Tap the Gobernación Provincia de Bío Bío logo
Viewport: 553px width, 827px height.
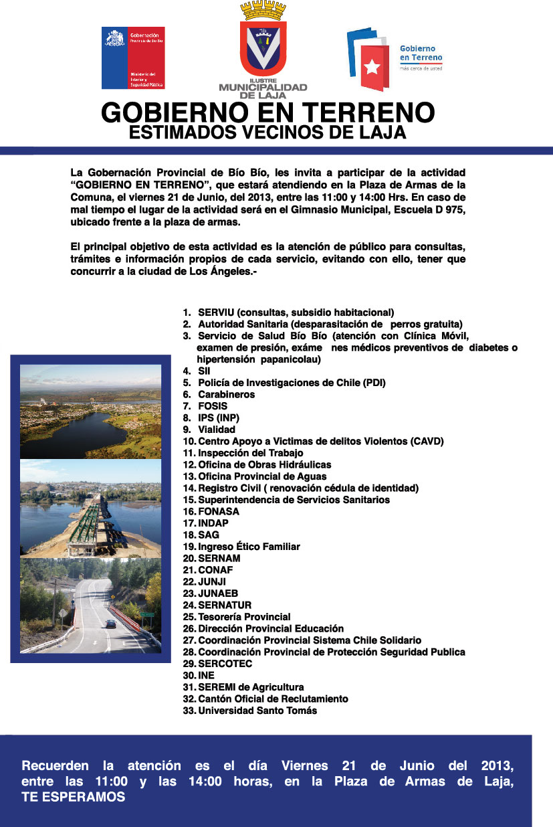(x=133, y=58)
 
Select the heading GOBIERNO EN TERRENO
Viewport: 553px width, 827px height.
(x=267, y=112)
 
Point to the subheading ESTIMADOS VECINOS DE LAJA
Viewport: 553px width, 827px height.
(x=267, y=132)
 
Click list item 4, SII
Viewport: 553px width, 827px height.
(x=204, y=371)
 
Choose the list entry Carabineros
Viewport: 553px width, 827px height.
(x=226, y=395)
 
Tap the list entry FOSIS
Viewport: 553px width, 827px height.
(x=213, y=406)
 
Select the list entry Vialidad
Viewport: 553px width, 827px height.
(x=216, y=430)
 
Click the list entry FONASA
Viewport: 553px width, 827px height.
(x=219, y=511)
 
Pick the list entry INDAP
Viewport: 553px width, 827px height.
(x=214, y=523)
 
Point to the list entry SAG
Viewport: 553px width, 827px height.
(x=209, y=535)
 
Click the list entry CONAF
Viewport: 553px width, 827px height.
(x=215, y=570)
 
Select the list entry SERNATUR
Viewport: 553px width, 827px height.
(x=225, y=605)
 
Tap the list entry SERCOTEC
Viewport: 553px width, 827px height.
(x=225, y=663)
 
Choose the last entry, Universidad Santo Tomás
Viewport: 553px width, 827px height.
(x=257, y=711)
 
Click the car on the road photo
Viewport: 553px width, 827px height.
(x=110, y=623)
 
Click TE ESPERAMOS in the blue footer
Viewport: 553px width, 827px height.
(x=74, y=797)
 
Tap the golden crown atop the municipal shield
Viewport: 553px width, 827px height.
(x=263, y=11)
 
